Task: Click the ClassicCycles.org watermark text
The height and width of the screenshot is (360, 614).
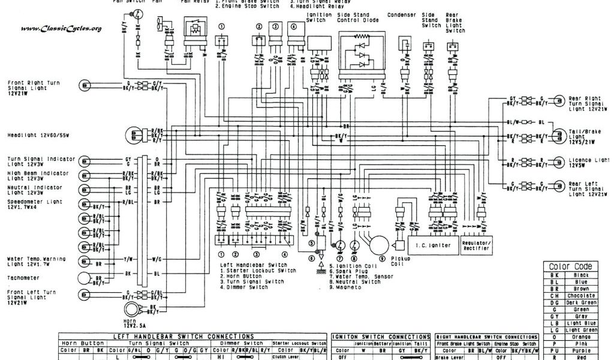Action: tap(61, 28)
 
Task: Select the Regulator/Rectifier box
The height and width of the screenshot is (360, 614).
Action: tap(477, 245)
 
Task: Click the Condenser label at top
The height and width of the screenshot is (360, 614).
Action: tap(401, 14)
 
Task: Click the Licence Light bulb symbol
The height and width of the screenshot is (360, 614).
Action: tap(558, 163)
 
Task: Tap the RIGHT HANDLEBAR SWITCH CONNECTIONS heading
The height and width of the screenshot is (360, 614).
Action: tap(486, 337)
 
